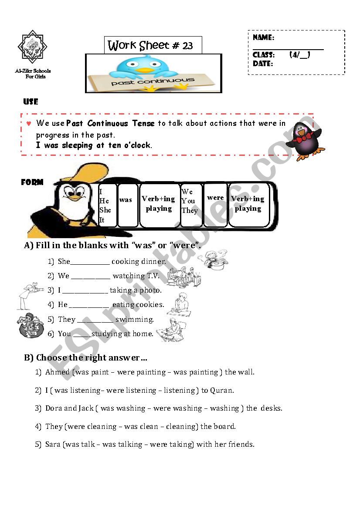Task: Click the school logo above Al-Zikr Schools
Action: click(32, 47)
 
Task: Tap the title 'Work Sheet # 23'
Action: click(150, 45)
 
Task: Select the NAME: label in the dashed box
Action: click(263, 38)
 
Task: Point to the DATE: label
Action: click(263, 64)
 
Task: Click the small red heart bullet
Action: click(29, 124)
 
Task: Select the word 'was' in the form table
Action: click(126, 200)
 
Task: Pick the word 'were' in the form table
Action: click(215, 198)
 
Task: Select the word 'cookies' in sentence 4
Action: click(150, 305)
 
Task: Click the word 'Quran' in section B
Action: click(222, 391)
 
